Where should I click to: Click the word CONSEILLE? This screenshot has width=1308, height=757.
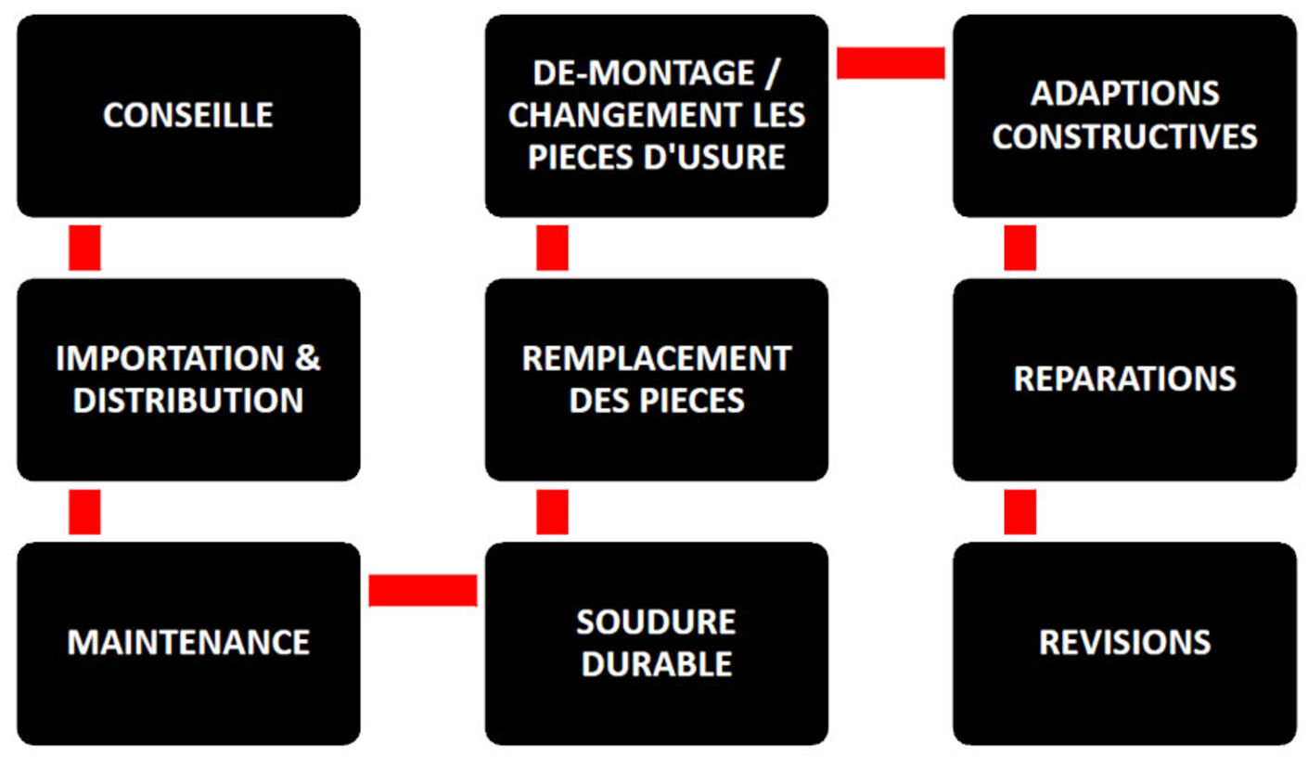click(x=188, y=115)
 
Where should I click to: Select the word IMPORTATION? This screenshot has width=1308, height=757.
click(x=170, y=358)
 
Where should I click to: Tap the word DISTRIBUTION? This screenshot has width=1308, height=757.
click(x=188, y=401)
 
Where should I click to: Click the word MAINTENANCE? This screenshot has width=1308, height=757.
click(x=188, y=643)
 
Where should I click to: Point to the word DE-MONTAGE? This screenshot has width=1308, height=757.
click(x=644, y=73)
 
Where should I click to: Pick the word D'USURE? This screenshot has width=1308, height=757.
click(x=714, y=157)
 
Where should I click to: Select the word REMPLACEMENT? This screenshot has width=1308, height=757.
click(x=657, y=358)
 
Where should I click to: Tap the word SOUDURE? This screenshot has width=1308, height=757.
click(x=656, y=622)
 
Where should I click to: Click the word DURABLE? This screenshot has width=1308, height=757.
click(x=657, y=664)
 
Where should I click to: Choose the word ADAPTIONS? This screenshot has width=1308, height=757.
click(x=1124, y=94)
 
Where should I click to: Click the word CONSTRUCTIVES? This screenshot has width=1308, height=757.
click(x=1124, y=136)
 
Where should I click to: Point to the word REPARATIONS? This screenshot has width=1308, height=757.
click(x=1124, y=379)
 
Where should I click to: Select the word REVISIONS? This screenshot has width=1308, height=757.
click(x=1124, y=643)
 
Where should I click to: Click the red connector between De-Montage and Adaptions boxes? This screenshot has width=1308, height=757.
click(x=891, y=63)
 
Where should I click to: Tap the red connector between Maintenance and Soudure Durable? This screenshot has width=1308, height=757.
click(x=423, y=591)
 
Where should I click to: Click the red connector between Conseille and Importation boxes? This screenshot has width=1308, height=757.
click(x=84, y=248)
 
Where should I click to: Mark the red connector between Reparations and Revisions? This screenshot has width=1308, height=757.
click(x=1020, y=512)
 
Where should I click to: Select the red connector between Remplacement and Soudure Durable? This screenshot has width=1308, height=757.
click(x=552, y=512)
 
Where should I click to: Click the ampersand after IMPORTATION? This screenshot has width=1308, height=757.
click(x=308, y=358)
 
